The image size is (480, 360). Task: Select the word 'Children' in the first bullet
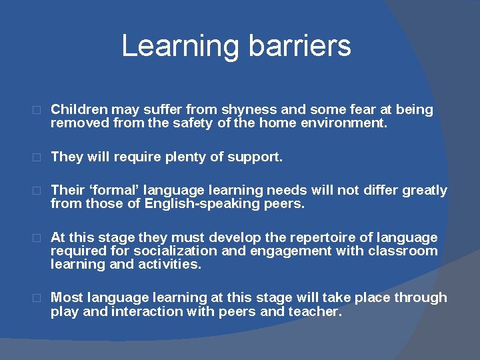pyautogui.click(x=79, y=109)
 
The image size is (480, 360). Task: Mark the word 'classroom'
pyautogui.click(x=405, y=251)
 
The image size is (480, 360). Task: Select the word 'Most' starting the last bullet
pyautogui.click(x=66, y=298)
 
